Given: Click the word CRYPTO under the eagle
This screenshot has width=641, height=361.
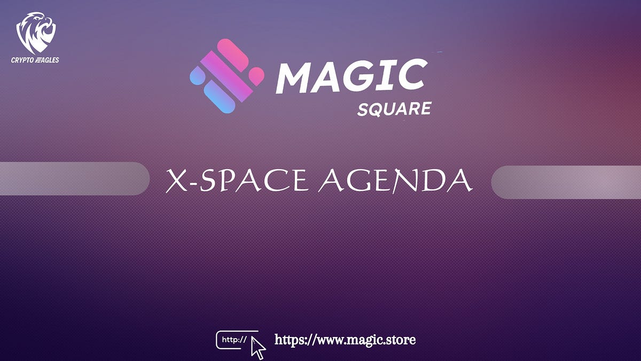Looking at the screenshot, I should (x=22, y=60).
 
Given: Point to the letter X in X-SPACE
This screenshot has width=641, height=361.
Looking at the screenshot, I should (x=176, y=181).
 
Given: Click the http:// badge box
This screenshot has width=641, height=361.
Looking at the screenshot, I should (x=233, y=339).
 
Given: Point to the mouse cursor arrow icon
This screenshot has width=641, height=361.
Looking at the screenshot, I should (x=258, y=347).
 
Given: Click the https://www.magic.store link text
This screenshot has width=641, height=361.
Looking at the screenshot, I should (x=345, y=340).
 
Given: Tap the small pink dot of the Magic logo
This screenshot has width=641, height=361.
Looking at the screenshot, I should (x=257, y=74).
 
